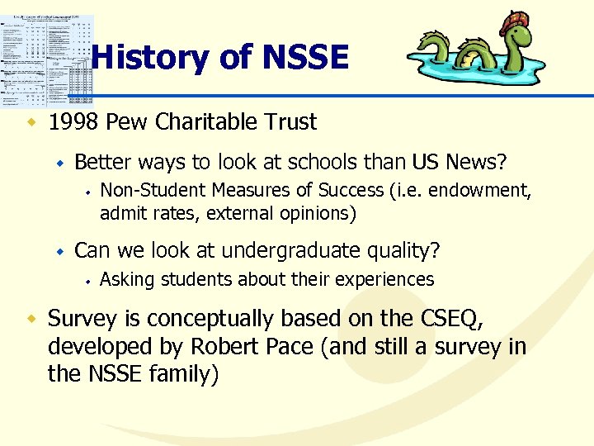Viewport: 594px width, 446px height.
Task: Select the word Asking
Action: pyautogui.click(x=126, y=280)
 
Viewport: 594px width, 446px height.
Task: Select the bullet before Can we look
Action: pyautogui.click(x=59, y=250)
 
